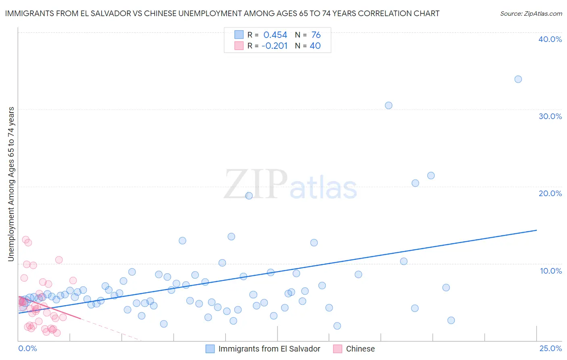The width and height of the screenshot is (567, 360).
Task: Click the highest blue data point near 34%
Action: pos(518,79)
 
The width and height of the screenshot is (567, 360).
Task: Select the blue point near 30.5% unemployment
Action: pos(388,105)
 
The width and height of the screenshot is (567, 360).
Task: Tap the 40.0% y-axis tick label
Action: pos(550,39)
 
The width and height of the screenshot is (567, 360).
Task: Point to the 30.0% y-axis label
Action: pos(550,116)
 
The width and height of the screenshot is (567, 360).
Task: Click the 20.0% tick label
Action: pos(550,193)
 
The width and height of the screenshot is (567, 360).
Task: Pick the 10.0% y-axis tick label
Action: pos(551,271)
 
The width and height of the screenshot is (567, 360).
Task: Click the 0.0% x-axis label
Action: pos(27,348)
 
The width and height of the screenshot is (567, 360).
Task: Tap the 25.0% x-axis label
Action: pos(550,348)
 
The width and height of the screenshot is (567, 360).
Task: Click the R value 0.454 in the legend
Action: pos(275,35)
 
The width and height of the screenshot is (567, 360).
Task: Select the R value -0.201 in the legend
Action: pos(274,46)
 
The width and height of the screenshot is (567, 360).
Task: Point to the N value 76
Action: pos(316,35)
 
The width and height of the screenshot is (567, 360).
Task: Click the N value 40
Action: pos(315,46)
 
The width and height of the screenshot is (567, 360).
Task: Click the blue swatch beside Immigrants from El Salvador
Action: pos(210,349)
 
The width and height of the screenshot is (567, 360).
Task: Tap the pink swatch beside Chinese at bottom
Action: pos(338,349)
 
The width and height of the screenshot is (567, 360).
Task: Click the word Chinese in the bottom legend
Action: pos(360,349)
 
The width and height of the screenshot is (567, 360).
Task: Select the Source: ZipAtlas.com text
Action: pos(531,13)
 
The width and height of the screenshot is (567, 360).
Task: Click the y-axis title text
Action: pos(11,184)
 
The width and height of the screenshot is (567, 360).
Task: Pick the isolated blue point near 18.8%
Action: pos(249,196)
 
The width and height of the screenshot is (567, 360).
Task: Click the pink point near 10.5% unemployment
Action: pos(59,260)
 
